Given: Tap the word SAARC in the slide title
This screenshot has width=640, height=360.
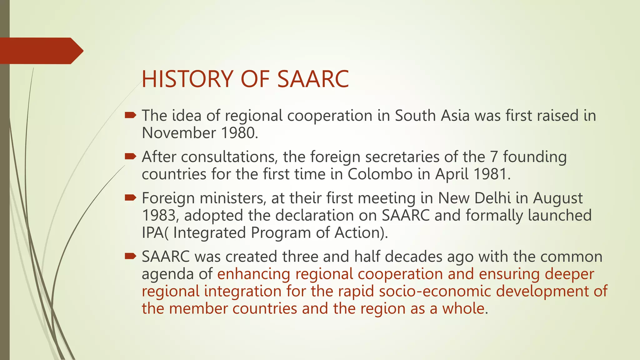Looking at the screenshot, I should pyautogui.click(x=313, y=79).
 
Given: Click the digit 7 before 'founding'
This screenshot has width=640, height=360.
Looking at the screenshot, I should pyautogui.click(x=494, y=157).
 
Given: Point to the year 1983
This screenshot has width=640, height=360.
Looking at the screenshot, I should pyautogui.click(x=161, y=216).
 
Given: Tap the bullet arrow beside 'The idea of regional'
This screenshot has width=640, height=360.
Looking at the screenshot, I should pyautogui.click(x=130, y=116).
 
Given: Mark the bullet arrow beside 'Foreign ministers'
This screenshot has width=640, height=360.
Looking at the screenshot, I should pyautogui.click(x=130, y=198).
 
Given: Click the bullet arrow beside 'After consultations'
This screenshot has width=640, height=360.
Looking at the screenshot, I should pyautogui.click(x=130, y=157).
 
